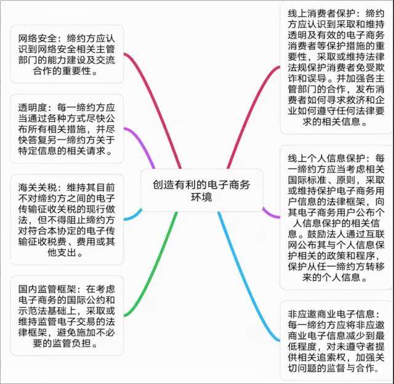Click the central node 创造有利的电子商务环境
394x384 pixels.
click(201, 190)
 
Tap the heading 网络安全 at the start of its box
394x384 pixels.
click(38, 38)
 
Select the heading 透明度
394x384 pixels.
click(33, 108)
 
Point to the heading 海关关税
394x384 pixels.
click(38, 187)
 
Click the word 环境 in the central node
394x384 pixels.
click(201, 197)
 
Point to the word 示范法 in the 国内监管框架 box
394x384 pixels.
click(33, 311)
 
